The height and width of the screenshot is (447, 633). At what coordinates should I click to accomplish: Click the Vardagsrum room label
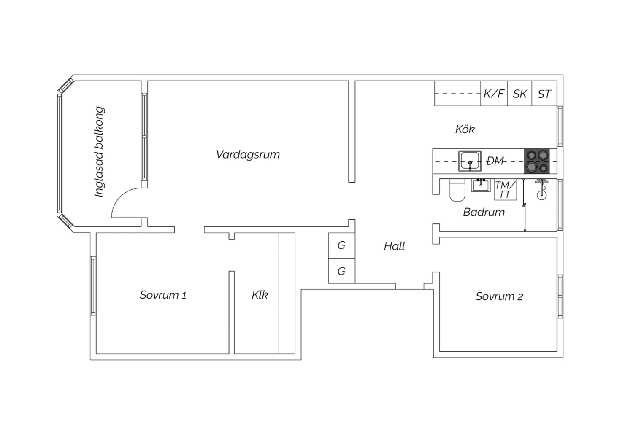[x=248, y=155]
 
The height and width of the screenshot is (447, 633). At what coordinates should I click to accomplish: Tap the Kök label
[x=465, y=129]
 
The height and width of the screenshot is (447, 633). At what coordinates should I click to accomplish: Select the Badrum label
[x=484, y=212]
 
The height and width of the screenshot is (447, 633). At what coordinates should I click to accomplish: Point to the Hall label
[x=394, y=246]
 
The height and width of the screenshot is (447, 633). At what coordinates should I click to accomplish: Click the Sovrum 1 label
[x=163, y=295]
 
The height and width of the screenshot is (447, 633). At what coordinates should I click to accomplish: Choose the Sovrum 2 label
[x=499, y=296]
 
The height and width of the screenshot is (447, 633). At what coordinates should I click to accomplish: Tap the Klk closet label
[x=260, y=295]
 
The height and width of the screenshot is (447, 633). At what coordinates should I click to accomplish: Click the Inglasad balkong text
[x=99, y=152]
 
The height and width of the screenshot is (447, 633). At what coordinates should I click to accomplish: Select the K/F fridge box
[x=494, y=94]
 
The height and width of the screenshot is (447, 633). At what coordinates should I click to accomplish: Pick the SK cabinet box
[x=519, y=94]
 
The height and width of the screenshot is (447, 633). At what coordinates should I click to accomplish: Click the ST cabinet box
[x=544, y=94]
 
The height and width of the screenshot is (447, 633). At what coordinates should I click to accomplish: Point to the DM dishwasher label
[x=495, y=161]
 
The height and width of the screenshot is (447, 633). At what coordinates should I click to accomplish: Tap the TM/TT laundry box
[x=505, y=189]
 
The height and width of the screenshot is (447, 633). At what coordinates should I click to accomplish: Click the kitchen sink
[x=470, y=161]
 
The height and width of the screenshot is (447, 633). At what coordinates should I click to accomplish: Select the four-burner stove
[x=537, y=161]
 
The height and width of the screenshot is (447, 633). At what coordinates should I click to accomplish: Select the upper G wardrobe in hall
[x=342, y=245]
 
